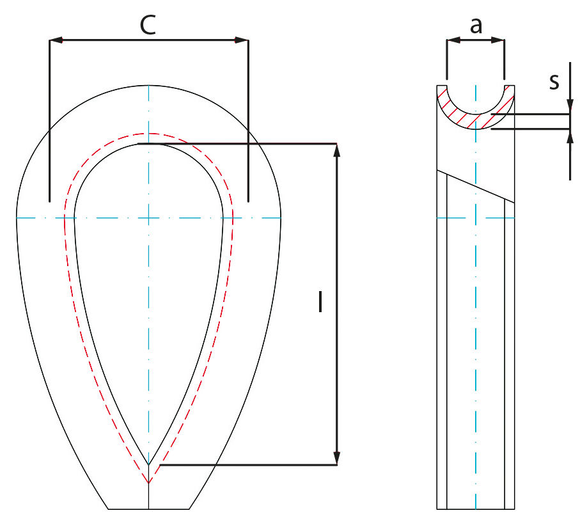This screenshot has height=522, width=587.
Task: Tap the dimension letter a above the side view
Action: pyautogui.click(x=476, y=26)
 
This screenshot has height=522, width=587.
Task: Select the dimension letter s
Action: pyautogui.click(x=554, y=81)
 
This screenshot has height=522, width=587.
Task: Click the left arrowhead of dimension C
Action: pyautogui.click(x=56, y=40)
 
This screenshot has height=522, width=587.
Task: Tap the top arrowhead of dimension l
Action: pyautogui.click(x=337, y=150)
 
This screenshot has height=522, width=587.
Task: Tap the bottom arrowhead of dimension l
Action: pyautogui.click(x=337, y=459)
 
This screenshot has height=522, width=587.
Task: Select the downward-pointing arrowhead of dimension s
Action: pyautogui.click(x=569, y=108)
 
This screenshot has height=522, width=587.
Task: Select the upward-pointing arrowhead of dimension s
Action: pyautogui.click(x=569, y=136)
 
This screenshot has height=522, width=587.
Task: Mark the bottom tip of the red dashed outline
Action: pyautogui.click(x=148, y=483)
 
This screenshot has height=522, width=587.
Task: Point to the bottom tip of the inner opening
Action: pyautogui.click(x=148, y=464)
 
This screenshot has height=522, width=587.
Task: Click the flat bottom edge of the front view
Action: pyautogui.click(x=148, y=509)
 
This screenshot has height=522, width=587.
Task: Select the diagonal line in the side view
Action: pyautogui.click(x=476, y=186)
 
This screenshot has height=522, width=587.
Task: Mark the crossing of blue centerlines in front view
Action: pyautogui.click(x=148, y=218)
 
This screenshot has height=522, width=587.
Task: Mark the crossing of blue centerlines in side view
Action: pyautogui.click(x=476, y=218)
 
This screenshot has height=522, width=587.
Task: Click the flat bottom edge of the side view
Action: pyautogui.click(x=476, y=509)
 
